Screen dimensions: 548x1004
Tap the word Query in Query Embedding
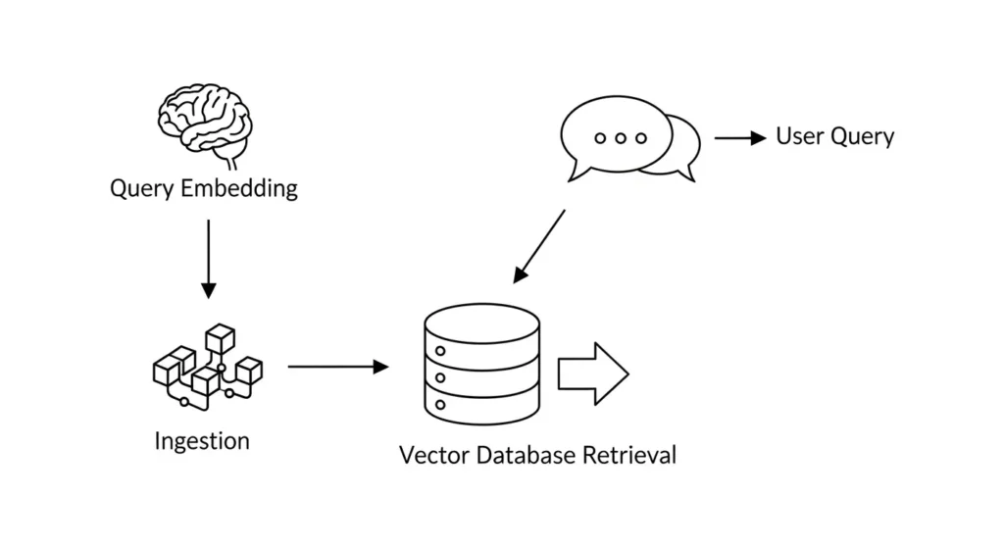click(x=143, y=188)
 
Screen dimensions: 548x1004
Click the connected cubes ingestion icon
click(x=207, y=367)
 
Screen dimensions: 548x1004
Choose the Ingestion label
click(x=202, y=441)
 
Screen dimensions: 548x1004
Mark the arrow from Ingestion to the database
click(x=338, y=367)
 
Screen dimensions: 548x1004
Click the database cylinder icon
click(x=481, y=364)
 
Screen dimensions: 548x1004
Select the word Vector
click(x=429, y=456)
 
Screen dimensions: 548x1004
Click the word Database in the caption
click(x=519, y=456)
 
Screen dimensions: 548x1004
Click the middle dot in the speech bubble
click(x=620, y=138)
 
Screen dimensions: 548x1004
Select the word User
click(x=799, y=136)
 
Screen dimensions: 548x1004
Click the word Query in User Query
click(x=862, y=137)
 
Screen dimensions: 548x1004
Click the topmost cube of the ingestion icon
click(x=221, y=339)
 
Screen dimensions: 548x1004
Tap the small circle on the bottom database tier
click(x=440, y=403)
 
